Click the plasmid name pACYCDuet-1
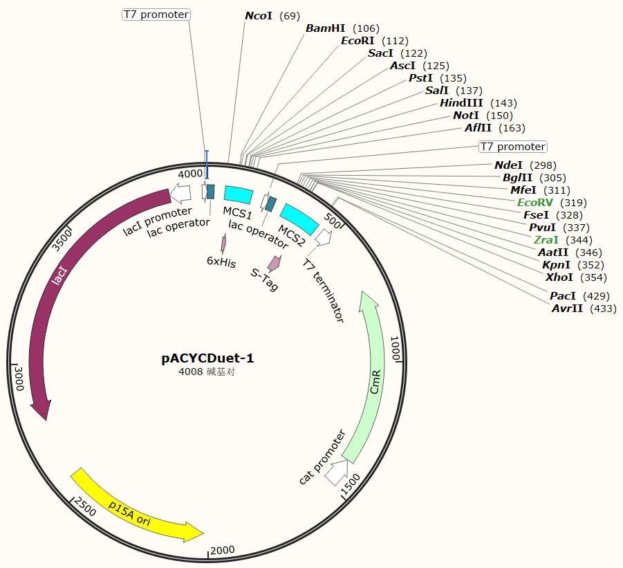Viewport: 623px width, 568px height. [207, 358]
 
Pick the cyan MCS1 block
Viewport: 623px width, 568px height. [239, 194]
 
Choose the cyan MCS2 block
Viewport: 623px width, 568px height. [299, 218]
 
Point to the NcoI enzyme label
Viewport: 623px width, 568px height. [259, 15]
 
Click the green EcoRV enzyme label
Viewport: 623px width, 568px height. [535, 203]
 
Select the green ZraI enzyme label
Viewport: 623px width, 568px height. [546, 240]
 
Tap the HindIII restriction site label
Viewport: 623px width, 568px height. [462, 103]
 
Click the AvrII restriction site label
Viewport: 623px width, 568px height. [568, 309]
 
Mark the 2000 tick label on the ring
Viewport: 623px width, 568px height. [223, 551]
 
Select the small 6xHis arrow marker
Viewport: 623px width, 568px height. [223, 244]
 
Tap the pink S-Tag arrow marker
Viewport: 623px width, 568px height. [275, 264]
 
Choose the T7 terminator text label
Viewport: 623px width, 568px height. [324, 290]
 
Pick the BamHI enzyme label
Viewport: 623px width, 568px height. [326, 28]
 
